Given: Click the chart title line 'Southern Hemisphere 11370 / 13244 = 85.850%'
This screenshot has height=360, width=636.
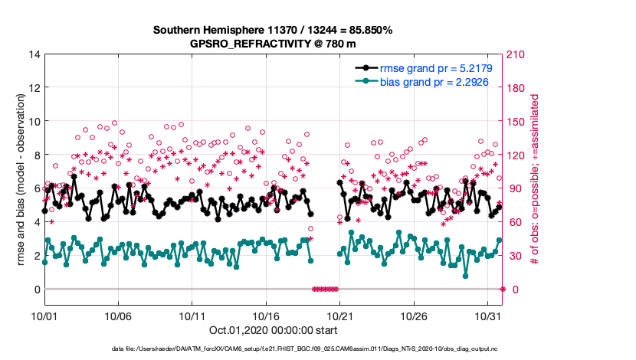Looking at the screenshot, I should coord(273,30).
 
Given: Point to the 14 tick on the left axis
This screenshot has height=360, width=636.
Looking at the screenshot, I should coord(34,54).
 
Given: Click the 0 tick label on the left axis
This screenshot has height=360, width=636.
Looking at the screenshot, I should coord(37,289).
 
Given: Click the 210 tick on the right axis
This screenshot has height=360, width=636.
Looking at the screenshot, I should coord(519,54).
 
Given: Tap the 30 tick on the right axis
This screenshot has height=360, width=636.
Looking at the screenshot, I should coord(516,255).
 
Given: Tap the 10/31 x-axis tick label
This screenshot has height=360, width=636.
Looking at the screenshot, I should coord(487,315).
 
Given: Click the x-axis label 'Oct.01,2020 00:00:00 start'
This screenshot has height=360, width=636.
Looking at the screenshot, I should coord(273,330).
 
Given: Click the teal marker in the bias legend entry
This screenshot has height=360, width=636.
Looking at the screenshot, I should coord(367,81).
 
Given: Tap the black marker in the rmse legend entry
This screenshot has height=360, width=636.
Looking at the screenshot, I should coord(367,68).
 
